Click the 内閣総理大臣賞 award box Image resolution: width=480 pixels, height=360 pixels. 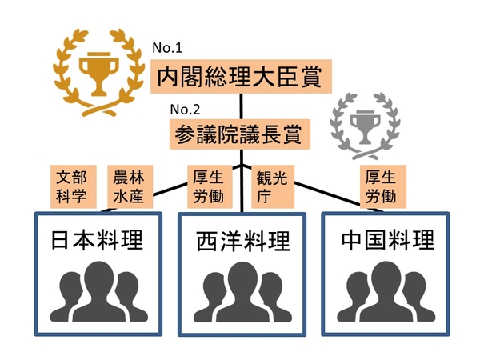242,77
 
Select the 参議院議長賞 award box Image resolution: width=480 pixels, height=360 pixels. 240,134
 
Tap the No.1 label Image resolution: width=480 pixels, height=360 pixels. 167,48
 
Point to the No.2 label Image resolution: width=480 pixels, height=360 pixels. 185,110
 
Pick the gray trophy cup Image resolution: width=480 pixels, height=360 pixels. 366,126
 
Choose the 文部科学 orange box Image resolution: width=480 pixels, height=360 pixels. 74,186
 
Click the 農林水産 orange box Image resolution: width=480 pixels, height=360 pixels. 130,186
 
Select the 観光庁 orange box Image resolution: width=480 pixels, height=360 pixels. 273,186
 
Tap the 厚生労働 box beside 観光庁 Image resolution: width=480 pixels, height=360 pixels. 210,186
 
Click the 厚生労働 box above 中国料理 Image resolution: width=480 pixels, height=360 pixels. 383,186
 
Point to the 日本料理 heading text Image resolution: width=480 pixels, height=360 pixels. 97,240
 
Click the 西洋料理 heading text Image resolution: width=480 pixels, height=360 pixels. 242,242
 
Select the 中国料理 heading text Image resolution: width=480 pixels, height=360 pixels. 387,239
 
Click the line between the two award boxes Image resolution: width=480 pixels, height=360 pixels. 242,106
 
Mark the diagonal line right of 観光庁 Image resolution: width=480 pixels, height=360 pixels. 327,194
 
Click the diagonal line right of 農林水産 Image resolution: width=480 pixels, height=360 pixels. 170,189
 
